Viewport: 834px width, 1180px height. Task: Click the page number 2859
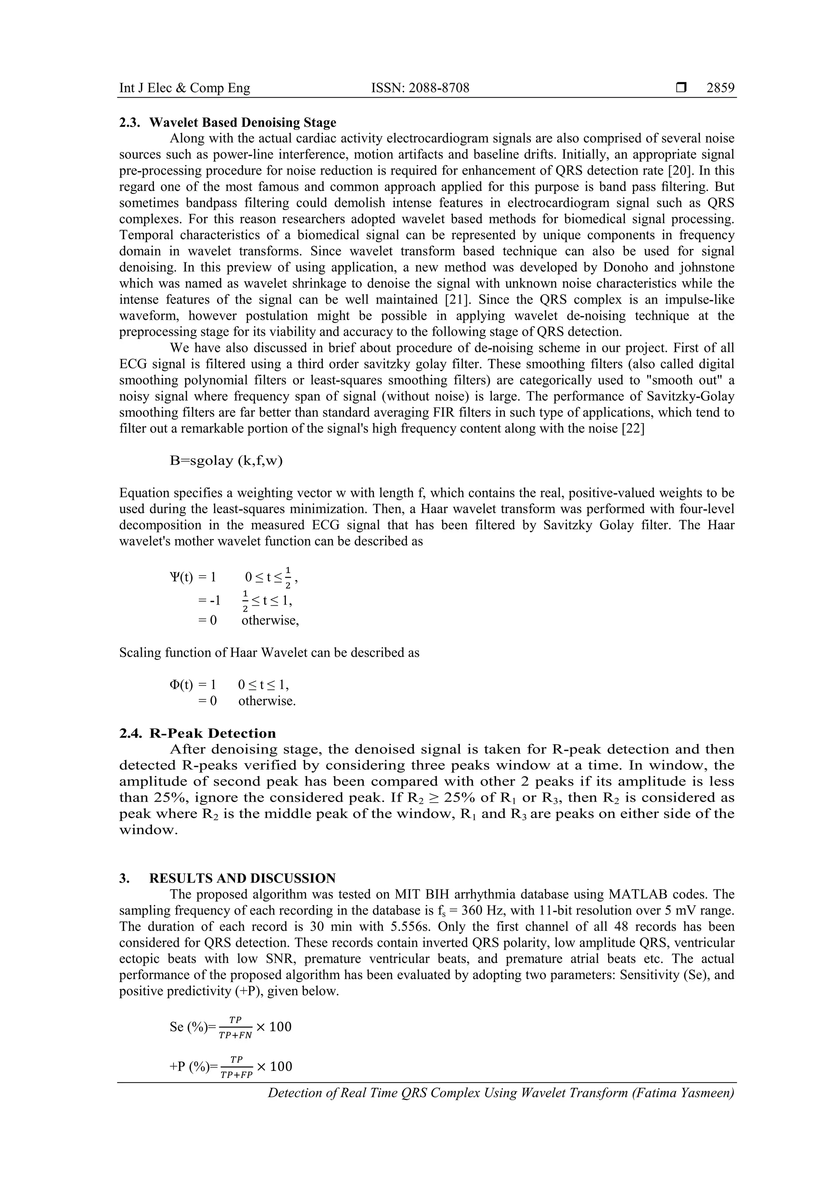(x=720, y=88)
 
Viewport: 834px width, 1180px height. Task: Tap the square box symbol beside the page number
(x=681, y=88)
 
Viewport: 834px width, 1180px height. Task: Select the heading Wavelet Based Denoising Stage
(x=243, y=122)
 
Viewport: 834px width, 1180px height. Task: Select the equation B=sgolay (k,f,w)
(x=226, y=461)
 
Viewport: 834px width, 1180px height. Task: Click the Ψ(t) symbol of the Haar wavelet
(x=181, y=577)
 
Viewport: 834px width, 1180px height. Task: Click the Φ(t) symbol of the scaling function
(x=181, y=685)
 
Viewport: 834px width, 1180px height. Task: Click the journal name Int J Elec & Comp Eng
(x=184, y=88)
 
